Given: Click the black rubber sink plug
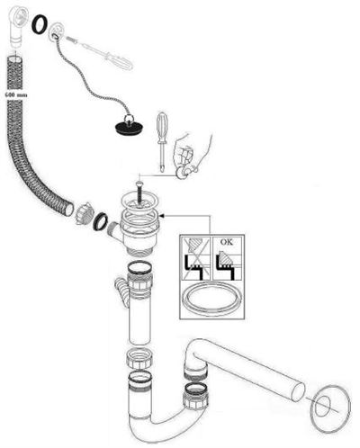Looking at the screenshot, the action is point(129,127).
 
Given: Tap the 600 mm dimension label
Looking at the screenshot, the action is point(16,95).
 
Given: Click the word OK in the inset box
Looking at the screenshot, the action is point(227,242).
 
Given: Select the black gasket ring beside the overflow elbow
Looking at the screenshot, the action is point(40,23).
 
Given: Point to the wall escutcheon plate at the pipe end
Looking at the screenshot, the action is point(329,409).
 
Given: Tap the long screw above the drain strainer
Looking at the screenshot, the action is point(139,192).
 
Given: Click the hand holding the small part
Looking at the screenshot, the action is point(192,156).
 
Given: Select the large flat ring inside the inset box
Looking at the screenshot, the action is point(212,298).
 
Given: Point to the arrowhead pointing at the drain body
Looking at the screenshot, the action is point(162,216).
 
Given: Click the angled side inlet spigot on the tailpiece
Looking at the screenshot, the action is point(121,291).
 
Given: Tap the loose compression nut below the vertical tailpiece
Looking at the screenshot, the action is point(140,358).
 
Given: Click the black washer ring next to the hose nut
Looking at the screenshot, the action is point(101,221).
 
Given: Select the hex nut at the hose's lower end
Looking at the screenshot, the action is point(81,214).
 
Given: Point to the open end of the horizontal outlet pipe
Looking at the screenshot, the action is point(299,390).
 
